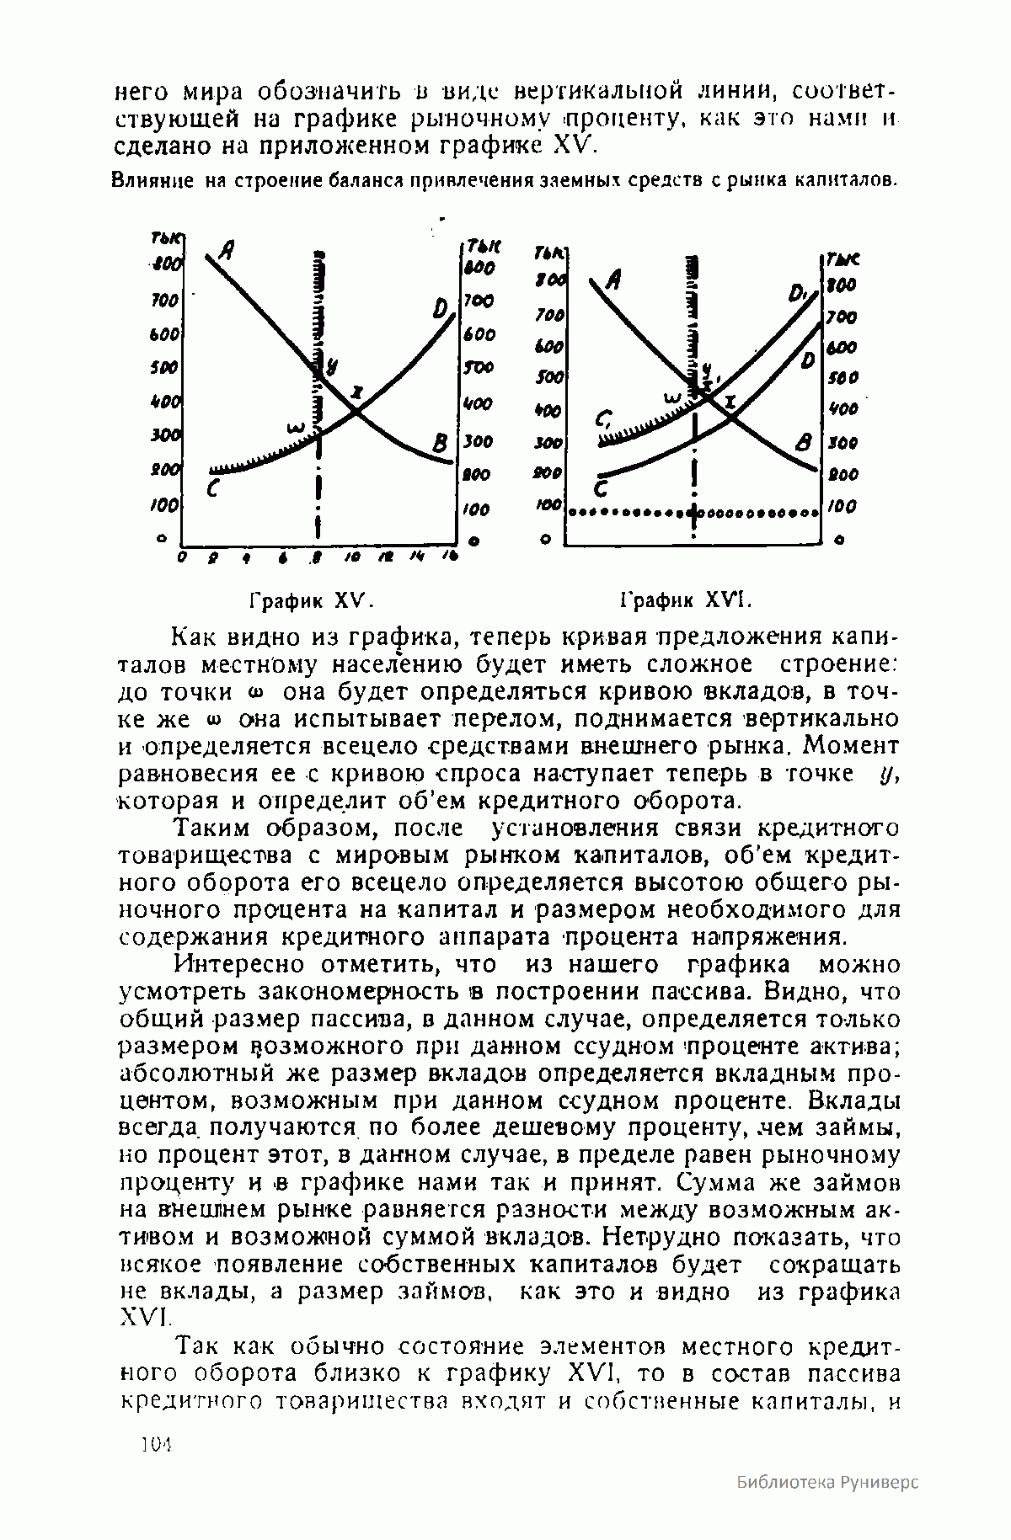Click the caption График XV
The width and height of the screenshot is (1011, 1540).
click(x=311, y=602)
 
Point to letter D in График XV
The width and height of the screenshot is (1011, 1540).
click(x=441, y=311)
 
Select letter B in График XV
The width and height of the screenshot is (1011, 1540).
click(x=439, y=442)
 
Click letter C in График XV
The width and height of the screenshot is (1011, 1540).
click(x=215, y=489)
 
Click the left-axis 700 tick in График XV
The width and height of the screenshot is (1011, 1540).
click(x=165, y=300)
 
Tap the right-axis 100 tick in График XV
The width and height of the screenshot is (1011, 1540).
click(x=476, y=509)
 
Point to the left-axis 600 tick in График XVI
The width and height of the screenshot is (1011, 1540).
click(x=548, y=346)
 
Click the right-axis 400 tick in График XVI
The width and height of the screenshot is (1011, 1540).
click(x=842, y=409)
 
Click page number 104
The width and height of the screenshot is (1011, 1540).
click(x=155, y=1446)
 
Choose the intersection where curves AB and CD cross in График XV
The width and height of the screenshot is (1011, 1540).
click(x=355, y=410)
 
